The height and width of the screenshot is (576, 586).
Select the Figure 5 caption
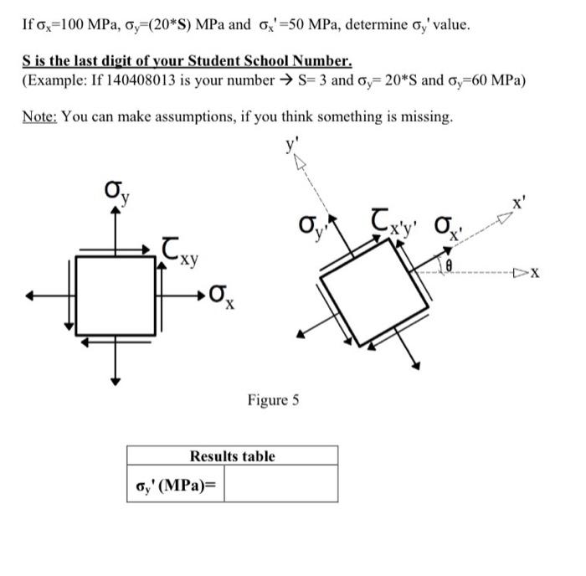coord(273,400)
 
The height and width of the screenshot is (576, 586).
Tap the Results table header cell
coord(232,456)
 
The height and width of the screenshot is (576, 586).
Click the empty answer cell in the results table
coord(281,485)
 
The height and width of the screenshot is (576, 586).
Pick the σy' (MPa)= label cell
coord(175,485)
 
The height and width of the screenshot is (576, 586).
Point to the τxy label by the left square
coord(181,249)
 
